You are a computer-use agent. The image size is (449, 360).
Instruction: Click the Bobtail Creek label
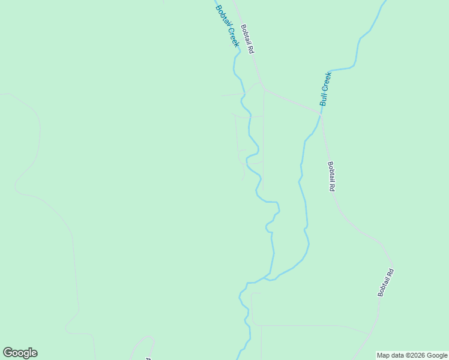228,26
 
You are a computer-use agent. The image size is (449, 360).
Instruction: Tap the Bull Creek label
325,88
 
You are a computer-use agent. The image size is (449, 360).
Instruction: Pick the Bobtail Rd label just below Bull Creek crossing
331,176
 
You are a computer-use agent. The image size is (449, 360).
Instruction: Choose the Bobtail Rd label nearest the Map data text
386,282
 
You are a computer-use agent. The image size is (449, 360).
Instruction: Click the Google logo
20,353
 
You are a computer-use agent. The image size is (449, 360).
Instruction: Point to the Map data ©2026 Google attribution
412,355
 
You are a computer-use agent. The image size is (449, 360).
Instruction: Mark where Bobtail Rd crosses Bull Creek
322,114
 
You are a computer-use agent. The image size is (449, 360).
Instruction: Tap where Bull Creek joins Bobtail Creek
268,279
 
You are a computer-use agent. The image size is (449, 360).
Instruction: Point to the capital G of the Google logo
8,353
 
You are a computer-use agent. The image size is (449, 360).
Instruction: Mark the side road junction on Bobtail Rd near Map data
371,334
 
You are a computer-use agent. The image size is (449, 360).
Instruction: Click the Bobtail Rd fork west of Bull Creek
263,89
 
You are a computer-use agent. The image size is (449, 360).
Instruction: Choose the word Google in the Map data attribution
437,355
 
